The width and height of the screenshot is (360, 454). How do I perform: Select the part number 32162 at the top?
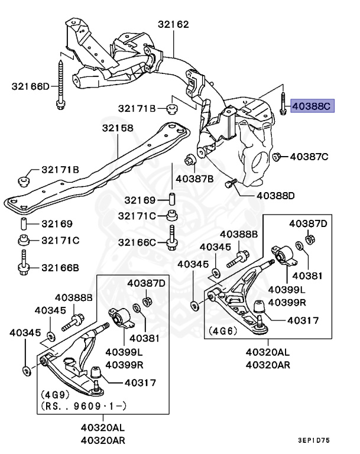pos(173,25)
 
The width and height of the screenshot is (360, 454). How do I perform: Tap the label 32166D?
pos(31,86)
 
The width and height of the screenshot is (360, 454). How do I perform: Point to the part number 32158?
pos(117,128)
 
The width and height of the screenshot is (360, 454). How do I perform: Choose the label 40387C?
pos(308,157)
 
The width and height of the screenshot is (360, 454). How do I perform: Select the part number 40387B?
pos(194,178)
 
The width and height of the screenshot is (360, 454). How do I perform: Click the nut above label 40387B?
pos(190,160)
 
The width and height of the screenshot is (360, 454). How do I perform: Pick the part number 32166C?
pos(137,242)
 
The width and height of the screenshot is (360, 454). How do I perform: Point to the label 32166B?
pos(60,267)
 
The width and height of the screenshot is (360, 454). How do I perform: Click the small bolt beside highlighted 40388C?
pos(284,105)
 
